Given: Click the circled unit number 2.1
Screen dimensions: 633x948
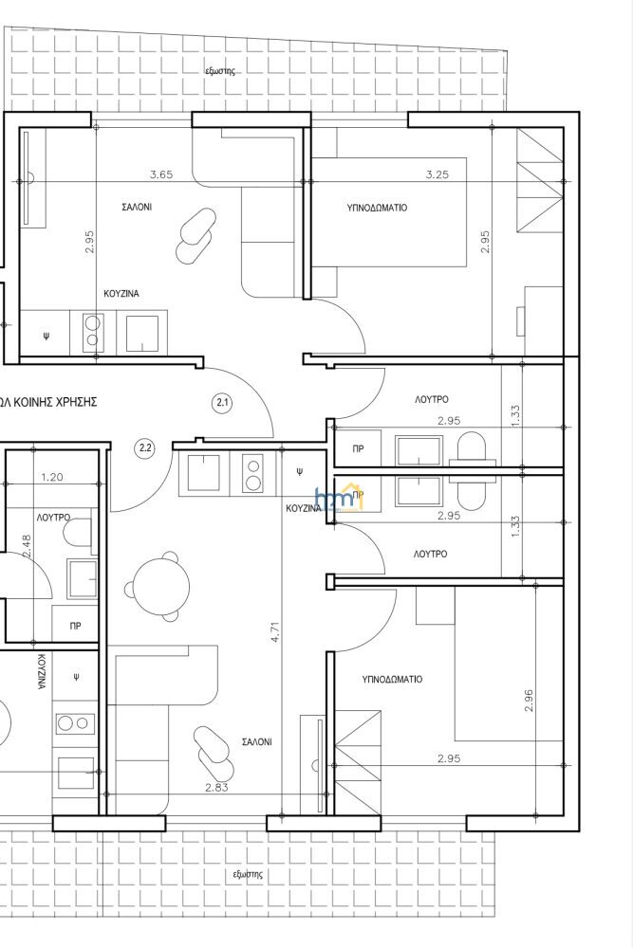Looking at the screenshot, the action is pyautogui.click(x=223, y=402).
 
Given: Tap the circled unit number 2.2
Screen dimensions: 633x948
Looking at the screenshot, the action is pyautogui.click(x=146, y=448).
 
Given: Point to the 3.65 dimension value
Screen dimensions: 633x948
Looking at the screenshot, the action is pyautogui.click(x=161, y=174).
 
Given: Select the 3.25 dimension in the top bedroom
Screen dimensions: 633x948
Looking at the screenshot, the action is pyautogui.click(x=438, y=174).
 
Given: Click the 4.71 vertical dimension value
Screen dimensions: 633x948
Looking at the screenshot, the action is pyautogui.click(x=276, y=629).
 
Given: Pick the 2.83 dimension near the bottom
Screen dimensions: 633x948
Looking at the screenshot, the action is pyautogui.click(x=216, y=787).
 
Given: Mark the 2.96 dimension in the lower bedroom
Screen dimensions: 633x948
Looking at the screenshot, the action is pyautogui.click(x=530, y=700).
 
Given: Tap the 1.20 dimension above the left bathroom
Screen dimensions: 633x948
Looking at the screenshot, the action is pyautogui.click(x=52, y=477).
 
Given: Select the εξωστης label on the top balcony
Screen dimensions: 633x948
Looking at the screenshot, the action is pyautogui.click(x=220, y=71).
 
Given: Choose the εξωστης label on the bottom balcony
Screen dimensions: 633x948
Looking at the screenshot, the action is pyautogui.click(x=248, y=874).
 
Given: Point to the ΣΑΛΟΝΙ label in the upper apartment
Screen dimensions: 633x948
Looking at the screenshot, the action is pyautogui.click(x=137, y=207).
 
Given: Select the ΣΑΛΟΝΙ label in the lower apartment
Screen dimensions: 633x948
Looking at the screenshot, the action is pyautogui.click(x=256, y=742).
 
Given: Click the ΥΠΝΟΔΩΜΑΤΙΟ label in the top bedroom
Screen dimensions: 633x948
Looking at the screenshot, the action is pyautogui.click(x=377, y=208).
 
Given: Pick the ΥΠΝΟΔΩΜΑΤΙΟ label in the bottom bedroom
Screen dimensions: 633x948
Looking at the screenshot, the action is pyautogui.click(x=392, y=679).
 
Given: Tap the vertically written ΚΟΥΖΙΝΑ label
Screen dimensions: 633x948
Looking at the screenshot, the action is pyautogui.click(x=42, y=671).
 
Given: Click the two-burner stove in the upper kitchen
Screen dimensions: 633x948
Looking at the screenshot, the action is pyautogui.click(x=92, y=331).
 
